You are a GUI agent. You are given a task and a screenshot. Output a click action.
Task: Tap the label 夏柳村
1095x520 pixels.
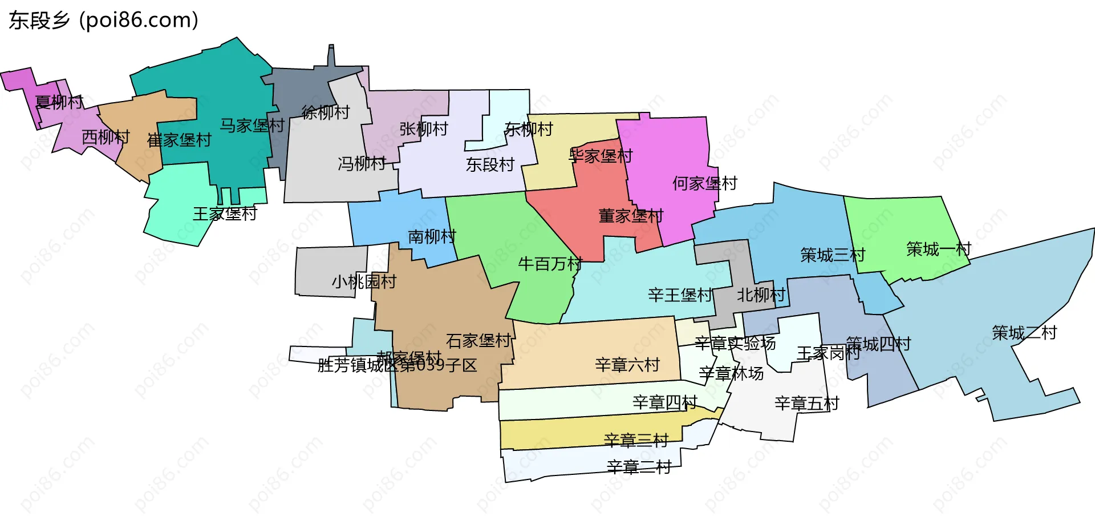coord(59,102)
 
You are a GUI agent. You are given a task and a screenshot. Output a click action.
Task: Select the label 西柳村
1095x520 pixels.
coord(106,137)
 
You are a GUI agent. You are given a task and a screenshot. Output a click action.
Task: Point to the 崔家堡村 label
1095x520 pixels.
coord(179,140)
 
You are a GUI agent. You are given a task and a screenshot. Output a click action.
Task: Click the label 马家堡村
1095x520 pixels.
coord(252,126)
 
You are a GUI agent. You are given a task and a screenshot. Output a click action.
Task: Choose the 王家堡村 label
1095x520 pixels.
coord(225,214)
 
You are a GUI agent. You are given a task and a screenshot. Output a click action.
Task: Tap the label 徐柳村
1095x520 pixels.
coord(326,112)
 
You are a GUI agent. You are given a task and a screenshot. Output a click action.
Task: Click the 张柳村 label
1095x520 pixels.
coord(424,129)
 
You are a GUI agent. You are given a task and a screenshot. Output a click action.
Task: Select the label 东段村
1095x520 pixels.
coord(490,165)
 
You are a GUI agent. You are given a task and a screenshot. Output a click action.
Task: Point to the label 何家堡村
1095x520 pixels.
coord(705,184)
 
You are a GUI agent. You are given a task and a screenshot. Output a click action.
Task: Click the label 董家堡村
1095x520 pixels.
coord(631,216)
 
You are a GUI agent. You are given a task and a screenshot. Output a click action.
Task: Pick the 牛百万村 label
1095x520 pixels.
coord(550,264)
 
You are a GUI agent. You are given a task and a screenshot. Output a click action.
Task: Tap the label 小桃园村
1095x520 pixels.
coord(364,281)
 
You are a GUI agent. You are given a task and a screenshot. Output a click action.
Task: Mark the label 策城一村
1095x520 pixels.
coord(938,249)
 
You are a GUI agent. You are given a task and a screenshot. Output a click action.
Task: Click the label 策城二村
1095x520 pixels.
coord(1024,332)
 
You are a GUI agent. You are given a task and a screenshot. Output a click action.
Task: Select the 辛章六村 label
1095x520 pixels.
coord(627,364)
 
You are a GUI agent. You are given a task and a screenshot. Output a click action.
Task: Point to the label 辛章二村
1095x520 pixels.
coord(639,467)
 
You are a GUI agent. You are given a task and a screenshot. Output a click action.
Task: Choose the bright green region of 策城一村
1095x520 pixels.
coord(901,228)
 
